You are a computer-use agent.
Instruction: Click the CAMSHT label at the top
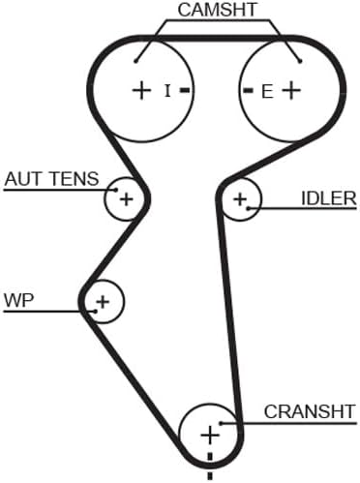(217, 10)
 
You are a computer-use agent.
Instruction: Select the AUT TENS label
(51, 179)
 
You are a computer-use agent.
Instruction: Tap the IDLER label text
(329, 198)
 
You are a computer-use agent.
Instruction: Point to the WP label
(18, 300)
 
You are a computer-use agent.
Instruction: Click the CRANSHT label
(310, 411)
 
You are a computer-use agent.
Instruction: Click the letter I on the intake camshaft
(167, 91)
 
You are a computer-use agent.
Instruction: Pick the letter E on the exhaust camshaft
(267, 91)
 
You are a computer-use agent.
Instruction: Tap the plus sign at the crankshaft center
(210, 435)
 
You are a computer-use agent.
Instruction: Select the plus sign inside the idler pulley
(240, 199)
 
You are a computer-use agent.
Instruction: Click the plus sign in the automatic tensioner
(126, 199)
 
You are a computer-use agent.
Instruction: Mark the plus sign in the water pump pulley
(103, 302)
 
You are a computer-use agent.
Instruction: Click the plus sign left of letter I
(141, 90)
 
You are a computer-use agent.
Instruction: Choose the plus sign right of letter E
(291, 90)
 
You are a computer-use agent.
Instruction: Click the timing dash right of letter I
(185, 91)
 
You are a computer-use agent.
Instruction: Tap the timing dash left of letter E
(248, 91)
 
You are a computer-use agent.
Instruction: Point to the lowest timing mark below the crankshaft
(210, 476)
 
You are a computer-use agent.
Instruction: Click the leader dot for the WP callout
(96, 312)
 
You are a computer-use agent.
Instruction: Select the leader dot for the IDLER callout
(249, 208)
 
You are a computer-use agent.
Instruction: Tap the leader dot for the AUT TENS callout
(116, 190)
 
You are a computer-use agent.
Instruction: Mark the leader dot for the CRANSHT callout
(222, 423)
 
